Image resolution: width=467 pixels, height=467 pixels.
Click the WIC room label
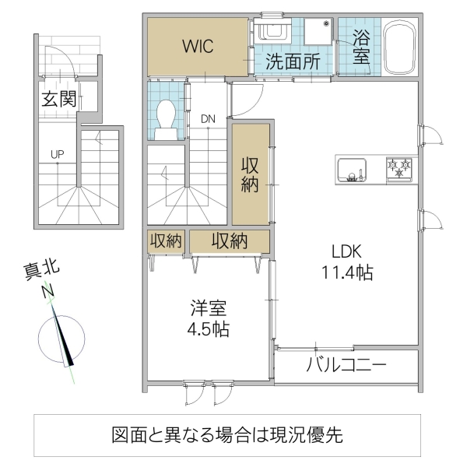198,46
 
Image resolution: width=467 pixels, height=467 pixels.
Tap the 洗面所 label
291,62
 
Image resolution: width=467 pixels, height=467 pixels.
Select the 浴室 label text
360,46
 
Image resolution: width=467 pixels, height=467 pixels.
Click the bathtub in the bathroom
399,46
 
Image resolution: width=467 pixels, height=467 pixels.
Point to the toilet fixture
165,120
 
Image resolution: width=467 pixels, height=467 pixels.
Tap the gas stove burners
400,169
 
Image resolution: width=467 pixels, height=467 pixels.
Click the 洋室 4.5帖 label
207,317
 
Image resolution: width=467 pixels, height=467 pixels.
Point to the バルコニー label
346,365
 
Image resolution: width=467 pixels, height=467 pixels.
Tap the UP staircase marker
57,154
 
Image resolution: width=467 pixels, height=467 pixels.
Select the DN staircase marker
208,119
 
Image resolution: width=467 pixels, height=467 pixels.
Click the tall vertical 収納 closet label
250,174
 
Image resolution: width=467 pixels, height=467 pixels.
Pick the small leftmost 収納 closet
165,241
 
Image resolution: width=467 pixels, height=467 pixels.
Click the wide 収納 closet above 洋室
230,241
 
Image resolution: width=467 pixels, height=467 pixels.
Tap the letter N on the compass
49,292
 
